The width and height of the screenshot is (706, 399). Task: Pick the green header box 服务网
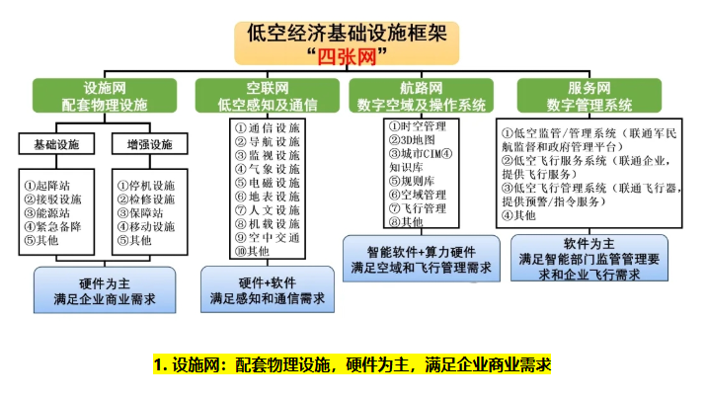point(589,96)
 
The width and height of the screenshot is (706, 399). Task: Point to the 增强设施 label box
point(147,146)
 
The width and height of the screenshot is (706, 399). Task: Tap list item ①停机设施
point(144,185)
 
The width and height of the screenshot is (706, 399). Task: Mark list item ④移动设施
point(144,226)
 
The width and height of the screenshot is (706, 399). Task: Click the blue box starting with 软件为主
point(589,259)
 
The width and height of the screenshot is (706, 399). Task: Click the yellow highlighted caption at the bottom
point(353,364)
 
